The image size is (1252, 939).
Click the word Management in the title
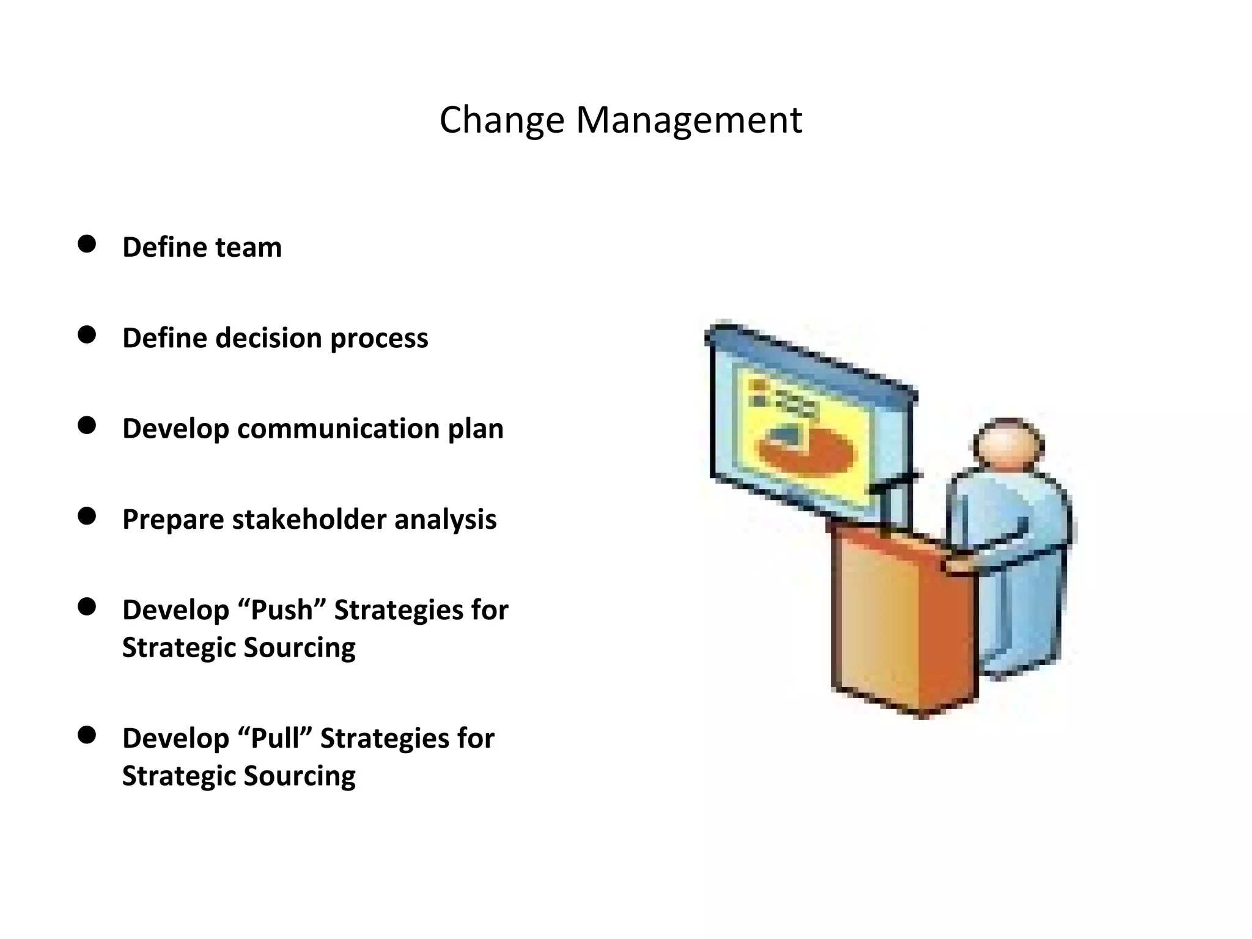[689, 120]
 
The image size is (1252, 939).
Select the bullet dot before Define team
[87, 245]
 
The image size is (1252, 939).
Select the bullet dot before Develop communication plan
[87, 425]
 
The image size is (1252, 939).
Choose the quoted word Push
[283, 610]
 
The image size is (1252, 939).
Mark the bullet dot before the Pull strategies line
[87, 735]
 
